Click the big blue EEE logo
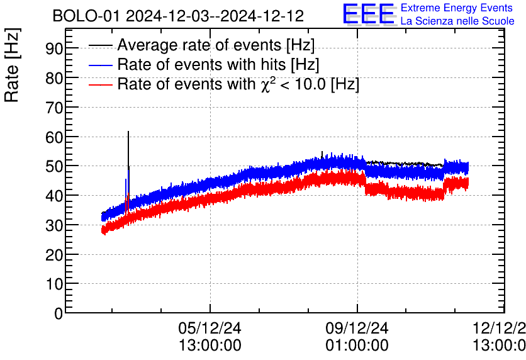(x=369, y=15)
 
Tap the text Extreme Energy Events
(x=457, y=8)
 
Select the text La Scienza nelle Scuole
(x=457, y=21)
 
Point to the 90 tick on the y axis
(x=54, y=48)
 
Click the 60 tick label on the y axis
(x=54, y=137)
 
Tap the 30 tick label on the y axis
(x=54, y=225)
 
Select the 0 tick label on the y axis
(x=59, y=313)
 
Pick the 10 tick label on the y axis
(x=54, y=284)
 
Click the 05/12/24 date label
(x=210, y=328)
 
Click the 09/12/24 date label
(x=357, y=328)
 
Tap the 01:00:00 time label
(x=357, y=346)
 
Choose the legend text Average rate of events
(x=216, y=45)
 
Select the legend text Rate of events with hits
(x=218, y=64)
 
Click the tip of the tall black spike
(x=128, y=132)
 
